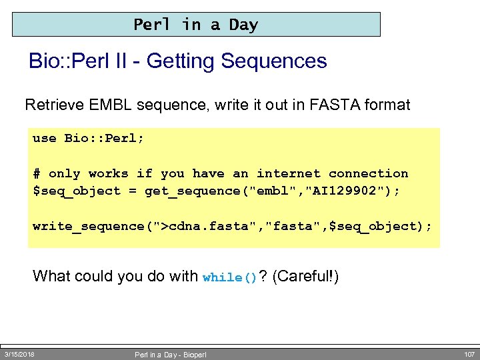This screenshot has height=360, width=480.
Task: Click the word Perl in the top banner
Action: tap(152, 25)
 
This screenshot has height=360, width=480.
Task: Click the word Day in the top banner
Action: tap(243, 25)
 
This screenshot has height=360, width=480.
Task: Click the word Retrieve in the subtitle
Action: tap(53, 105)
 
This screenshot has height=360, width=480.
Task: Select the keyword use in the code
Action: tap(45, 139)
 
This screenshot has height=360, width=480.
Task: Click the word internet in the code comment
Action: tap(288, 173)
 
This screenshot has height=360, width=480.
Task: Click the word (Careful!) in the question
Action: tap(306, 275)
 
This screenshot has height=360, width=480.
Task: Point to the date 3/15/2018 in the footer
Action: tap(19, 354)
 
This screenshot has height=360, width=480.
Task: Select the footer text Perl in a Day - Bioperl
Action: tap(171, 355)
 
